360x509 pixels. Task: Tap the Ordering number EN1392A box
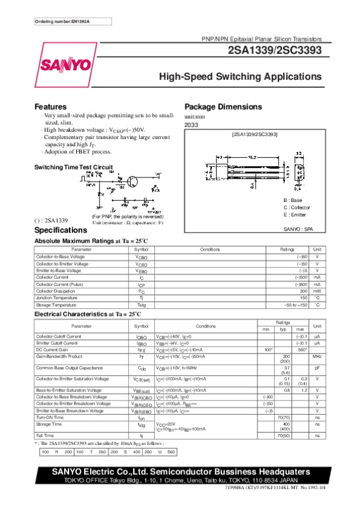click(x=62, y=22)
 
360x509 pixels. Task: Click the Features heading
click(x=50, y=107)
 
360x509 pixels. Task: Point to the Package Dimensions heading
click(x=223, y=107)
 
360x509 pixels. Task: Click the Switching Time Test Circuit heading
click(x=73, y=167)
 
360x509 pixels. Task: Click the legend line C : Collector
click(x=297, y=207)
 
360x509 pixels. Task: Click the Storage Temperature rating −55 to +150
click(x=295, y=305)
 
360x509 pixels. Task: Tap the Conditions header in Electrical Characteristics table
click(x=206, y=326)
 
